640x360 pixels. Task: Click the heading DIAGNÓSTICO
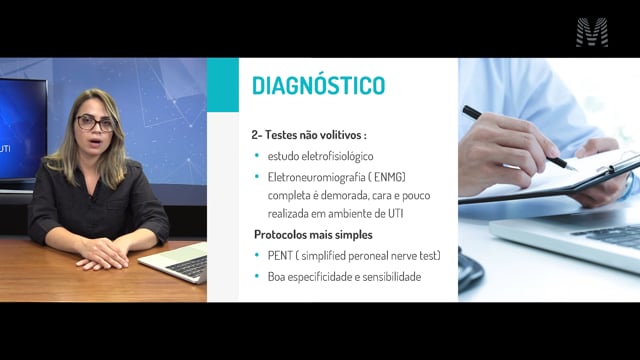tap(318, 85)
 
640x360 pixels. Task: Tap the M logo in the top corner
tap(592, 32)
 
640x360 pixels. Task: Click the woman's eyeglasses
tap(96, 123)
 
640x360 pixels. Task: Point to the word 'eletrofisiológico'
tap(338, 156)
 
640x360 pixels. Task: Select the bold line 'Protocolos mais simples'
tap(313, 235)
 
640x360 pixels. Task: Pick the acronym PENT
tap(280, 256)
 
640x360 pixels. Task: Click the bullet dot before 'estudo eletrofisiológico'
tap(257, 156)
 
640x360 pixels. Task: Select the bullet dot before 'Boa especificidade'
tap(257, 276)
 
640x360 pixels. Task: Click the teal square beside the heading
tap(223, 84)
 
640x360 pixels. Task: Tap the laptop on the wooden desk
tap(176, 263)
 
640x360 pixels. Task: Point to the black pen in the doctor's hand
tap(519, 138)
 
